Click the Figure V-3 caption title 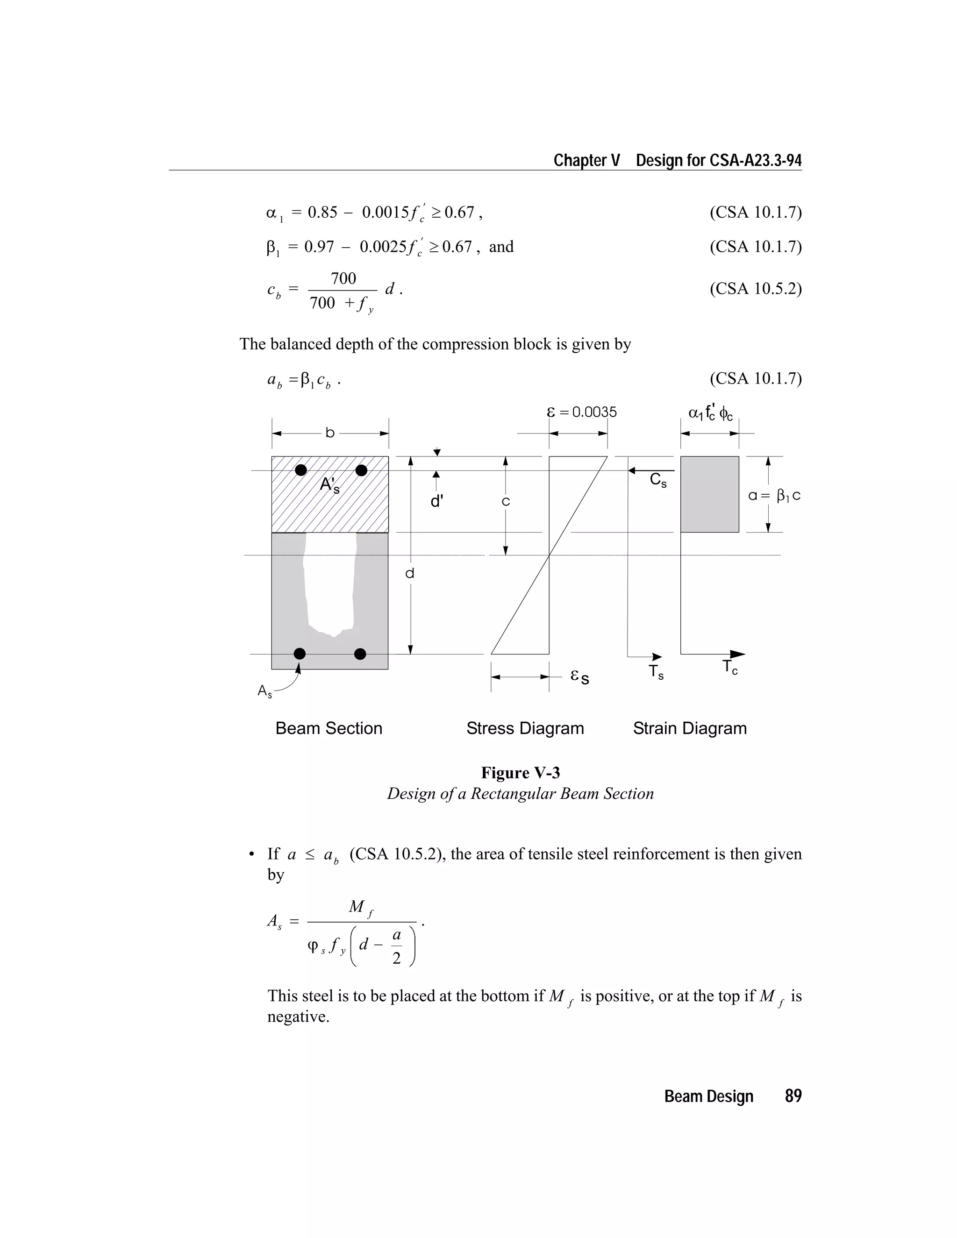tap(521, 773)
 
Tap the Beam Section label tap(329, 728)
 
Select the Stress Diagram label tap(525, 728)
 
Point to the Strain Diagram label tap(689, 728)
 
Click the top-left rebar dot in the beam tap(301, 470)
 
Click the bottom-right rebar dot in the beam tap(360, 654)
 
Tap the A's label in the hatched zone tap(329, 485)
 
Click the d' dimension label tap(436, 502)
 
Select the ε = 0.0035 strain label tap(582, 412)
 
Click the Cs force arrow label tap(657, 481)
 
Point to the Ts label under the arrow tap(656, 672)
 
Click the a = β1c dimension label tap(774, 496)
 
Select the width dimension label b tap(330, 433)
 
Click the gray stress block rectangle tap(709, 494)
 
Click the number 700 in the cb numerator tap(343, 278)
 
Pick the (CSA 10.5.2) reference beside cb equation tap(755, 289)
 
